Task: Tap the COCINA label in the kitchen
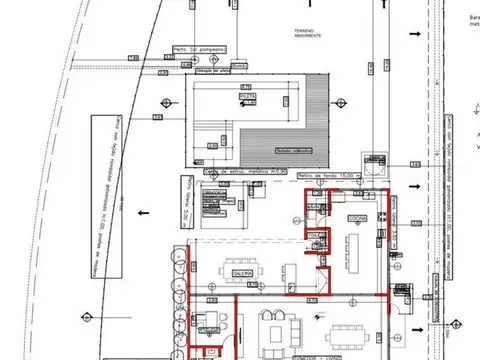click(357, 217)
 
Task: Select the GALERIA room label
click(241, 272)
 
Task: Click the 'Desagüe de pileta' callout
click(211, 71)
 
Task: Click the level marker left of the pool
click(157, 119)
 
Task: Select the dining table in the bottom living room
click(347, 331)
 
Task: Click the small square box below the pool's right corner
click(375, 161)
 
